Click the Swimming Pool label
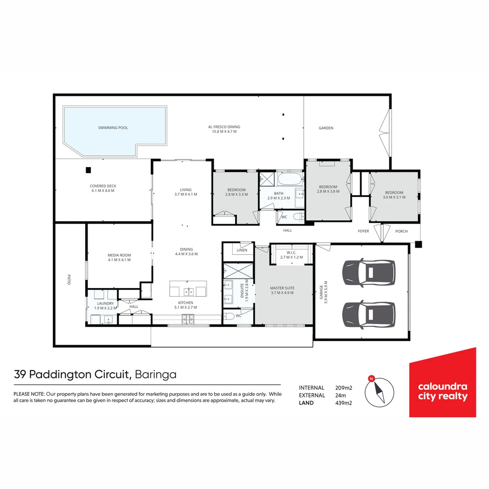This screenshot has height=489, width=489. pos(113,128)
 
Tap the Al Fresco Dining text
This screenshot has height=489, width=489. pos(225,129)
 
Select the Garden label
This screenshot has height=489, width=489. pos(326,128)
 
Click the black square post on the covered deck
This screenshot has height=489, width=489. pos(89,170)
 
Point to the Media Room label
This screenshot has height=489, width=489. pos(119,258)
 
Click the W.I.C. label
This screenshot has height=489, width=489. pos(291,254)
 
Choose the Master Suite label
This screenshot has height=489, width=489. pos(282,290)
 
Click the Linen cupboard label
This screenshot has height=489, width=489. pos(242,250)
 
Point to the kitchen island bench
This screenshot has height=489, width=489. pos(188,288)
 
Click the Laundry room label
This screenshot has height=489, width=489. pos(104,306)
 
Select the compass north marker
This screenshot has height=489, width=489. pos(371,379)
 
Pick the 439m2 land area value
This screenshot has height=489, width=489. pos(343,403)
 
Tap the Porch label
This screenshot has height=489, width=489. pos(401,231)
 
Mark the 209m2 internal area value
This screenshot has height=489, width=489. pos(343,388)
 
